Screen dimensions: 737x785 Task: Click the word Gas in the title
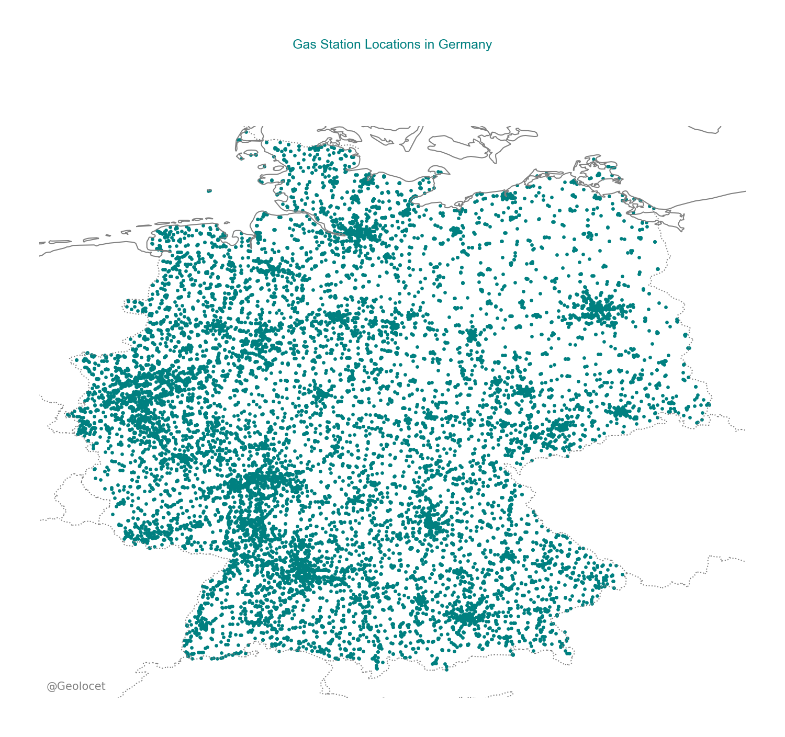(x=301, y=44)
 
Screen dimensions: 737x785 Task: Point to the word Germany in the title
(x=465, y=44)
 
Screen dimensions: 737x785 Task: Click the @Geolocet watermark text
(x=76, y=686)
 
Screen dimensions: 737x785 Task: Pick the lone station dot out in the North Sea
(x=209, y=191)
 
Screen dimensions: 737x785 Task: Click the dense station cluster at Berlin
(x=597, y=309)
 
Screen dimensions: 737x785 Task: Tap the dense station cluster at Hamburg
(x=359, y=232)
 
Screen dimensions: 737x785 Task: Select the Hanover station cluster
(x=338, y=317)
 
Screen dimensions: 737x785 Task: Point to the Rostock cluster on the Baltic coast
(x=507, y=196)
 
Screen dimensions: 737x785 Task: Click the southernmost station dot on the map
(x=446, y=669)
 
